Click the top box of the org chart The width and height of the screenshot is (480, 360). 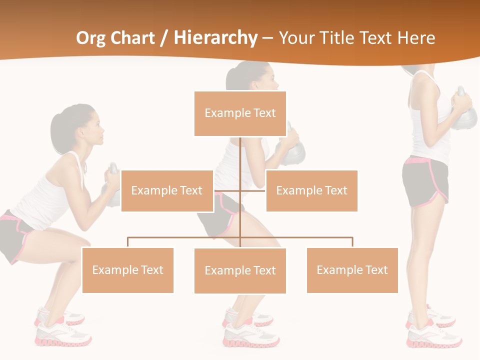point(240,113)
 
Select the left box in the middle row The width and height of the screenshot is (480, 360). point(167,190)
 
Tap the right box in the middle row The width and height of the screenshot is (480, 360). point(311,190)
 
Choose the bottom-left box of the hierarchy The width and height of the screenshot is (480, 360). point(128,270)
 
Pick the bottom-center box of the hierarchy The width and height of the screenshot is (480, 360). point(240,270)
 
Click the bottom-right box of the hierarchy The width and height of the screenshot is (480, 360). point(352,270)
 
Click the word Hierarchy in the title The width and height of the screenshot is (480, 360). point(215,38)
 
